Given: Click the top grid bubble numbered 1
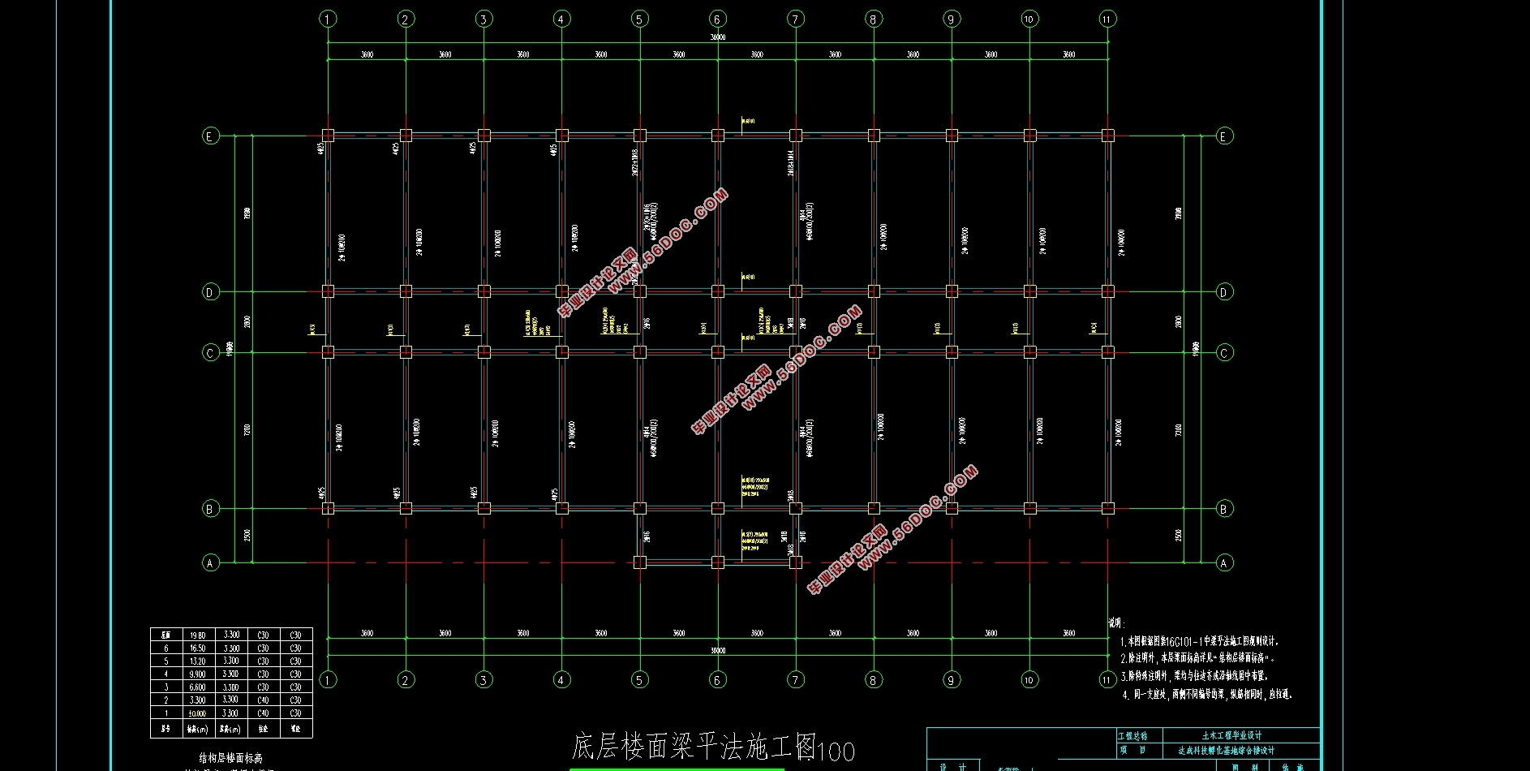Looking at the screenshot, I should coord(328,19).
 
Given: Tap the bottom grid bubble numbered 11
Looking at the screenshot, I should coord(1107,679).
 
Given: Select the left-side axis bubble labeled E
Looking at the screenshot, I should coord(210,136).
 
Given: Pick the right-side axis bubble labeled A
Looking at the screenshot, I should coord(1224,562).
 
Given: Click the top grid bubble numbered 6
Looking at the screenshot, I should coord(717,19).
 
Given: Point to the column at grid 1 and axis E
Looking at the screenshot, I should coord(328,136).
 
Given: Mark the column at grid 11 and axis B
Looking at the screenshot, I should coord(1107,509).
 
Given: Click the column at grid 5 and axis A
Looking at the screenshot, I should coord(639,562).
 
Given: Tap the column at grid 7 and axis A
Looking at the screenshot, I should coord(795,562).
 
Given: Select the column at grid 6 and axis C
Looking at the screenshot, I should coord(717,352).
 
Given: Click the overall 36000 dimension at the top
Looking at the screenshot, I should coord(717,37).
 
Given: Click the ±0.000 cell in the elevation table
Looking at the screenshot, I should coord(197,713).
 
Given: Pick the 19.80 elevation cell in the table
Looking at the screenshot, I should coord(197,635).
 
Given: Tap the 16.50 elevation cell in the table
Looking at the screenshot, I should coord(197,648).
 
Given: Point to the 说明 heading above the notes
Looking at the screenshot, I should coord(1116,623).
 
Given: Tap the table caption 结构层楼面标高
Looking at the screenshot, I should coord(231,758).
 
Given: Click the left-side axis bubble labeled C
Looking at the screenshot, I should coord(210,352).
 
